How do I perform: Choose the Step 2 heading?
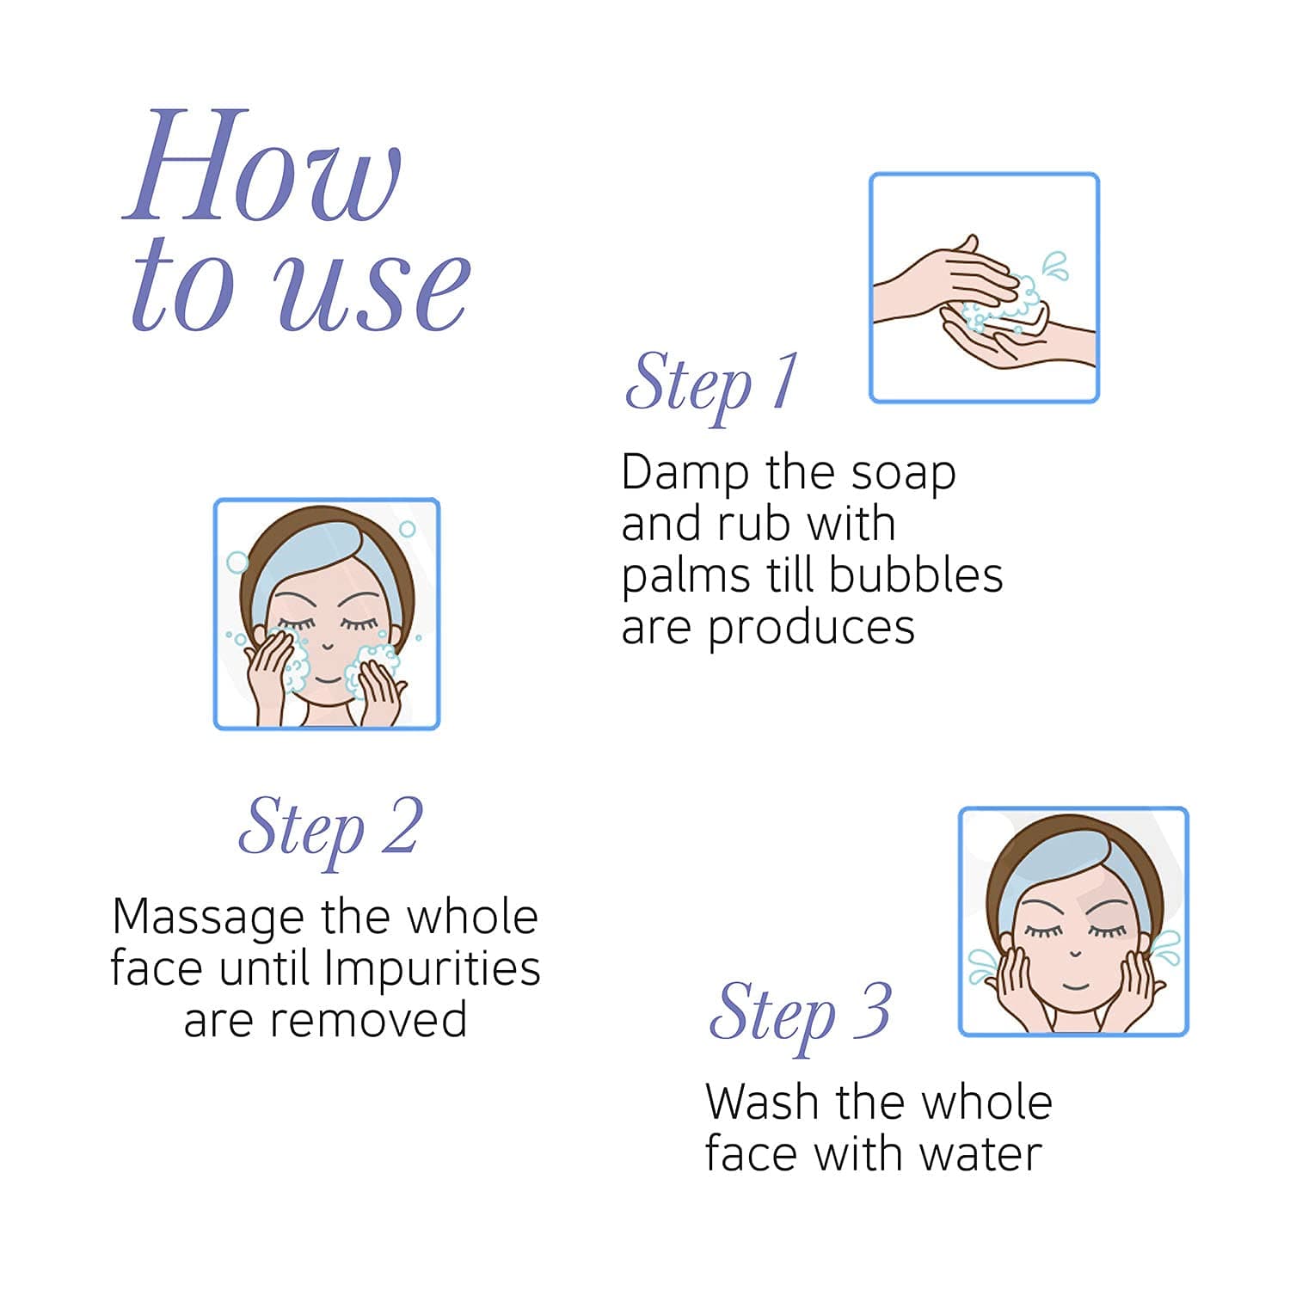pyautogui.click(x=330, y=829)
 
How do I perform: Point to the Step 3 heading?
pyautogui.click(x=800, y=1015)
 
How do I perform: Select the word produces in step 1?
pyautogui.click(x=811, y=629)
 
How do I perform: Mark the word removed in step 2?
pyautogui.click(x=369, y=1020)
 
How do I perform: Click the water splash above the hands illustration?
pyautogui.click(x=1055, y=266)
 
